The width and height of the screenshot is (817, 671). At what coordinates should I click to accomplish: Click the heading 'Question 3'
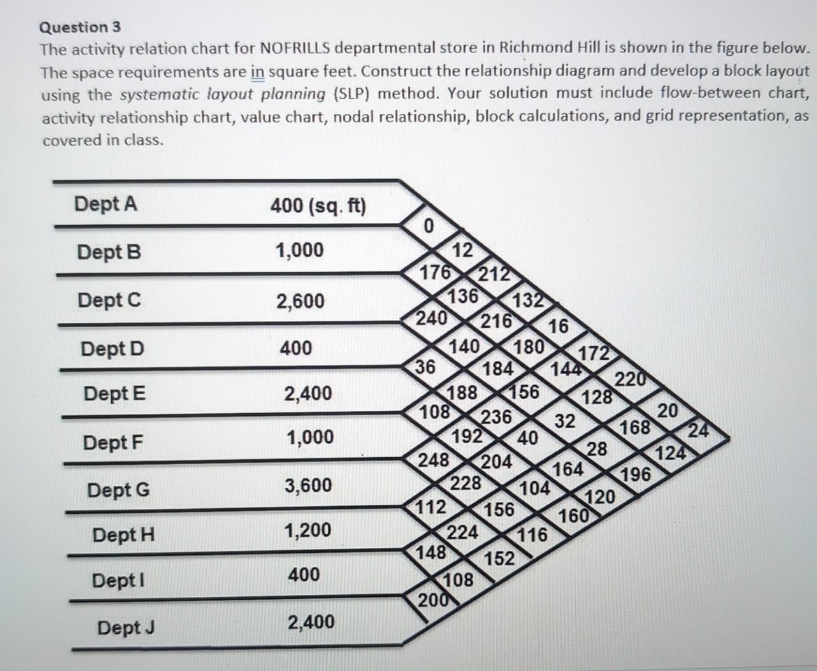pyautogui.click(x=80, y=27)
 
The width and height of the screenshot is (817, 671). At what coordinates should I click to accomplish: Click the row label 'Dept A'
pyautogui.click(x=106, y=204)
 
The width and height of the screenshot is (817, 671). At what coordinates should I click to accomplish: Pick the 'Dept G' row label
pyautogui.click(x=118, y=490)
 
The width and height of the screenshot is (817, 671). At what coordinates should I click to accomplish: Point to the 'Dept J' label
pyautogui.click(x=126, y=628)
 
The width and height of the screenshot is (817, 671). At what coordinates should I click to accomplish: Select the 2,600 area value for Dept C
pyautogui.click(x=300, y=301)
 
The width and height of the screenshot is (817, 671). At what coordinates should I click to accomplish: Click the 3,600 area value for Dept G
pyautogui.click(x=308, y=485)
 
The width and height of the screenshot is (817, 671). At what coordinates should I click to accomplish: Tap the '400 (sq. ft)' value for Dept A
pyautogui.click(x=318, y=206)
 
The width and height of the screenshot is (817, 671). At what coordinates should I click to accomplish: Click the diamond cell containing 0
pyautogui.click(x=429, y=226)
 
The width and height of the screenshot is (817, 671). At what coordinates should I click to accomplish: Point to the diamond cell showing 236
pyautogui.click(x=497, y=417)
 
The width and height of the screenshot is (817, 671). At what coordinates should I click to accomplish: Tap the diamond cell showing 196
pyautogui.click(x=635, y=475)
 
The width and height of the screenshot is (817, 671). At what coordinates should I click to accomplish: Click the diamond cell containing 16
pyautogui.click(x=558, y=326)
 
